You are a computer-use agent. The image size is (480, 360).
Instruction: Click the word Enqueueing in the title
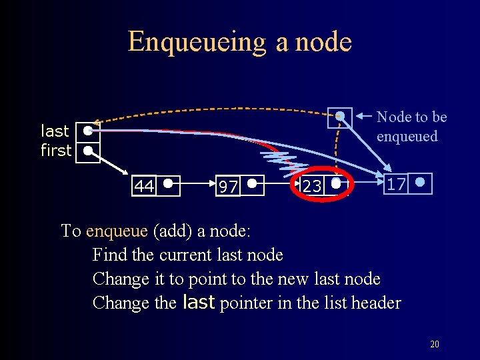coord(197,41)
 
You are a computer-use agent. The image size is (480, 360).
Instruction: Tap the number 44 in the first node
coord(144,185)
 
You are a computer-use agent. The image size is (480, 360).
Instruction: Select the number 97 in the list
coord(228,187)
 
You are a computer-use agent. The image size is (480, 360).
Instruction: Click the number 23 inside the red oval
coord(312,186)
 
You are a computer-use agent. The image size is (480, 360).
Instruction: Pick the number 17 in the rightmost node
coord(395,184)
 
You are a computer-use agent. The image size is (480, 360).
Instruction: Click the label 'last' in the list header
coord(55,131)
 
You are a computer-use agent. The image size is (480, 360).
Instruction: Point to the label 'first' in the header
coord(56,151)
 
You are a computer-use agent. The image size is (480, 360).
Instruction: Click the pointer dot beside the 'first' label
coord(87,151)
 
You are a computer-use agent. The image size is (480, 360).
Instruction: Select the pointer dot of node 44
coord(169,182)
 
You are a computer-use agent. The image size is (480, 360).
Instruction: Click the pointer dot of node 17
coord(419,181)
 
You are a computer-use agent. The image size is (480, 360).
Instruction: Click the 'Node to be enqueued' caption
coord(411,127)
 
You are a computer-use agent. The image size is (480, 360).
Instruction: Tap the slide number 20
coord(434,344)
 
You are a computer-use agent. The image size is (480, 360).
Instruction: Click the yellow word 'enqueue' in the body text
coord(117,231)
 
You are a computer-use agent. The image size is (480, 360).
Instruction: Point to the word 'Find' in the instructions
coord(107,255)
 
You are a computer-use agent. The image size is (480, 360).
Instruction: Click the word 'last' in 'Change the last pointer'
coord(198,302)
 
